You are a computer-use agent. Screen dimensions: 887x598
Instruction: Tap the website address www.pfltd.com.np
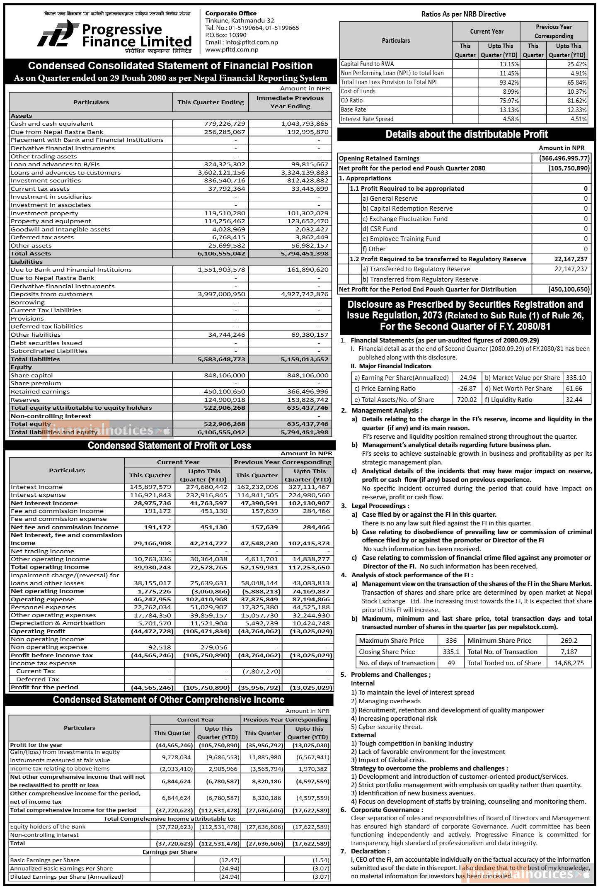232,49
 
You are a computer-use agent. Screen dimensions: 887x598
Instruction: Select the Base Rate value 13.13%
510,110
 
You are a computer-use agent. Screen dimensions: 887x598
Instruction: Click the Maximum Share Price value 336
451,641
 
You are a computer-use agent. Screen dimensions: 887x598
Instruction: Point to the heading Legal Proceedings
380,506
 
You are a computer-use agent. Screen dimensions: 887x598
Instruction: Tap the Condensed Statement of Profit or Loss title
169,445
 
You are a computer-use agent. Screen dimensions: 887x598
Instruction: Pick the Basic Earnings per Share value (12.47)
229,860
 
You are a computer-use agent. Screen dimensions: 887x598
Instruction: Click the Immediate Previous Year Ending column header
290,102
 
